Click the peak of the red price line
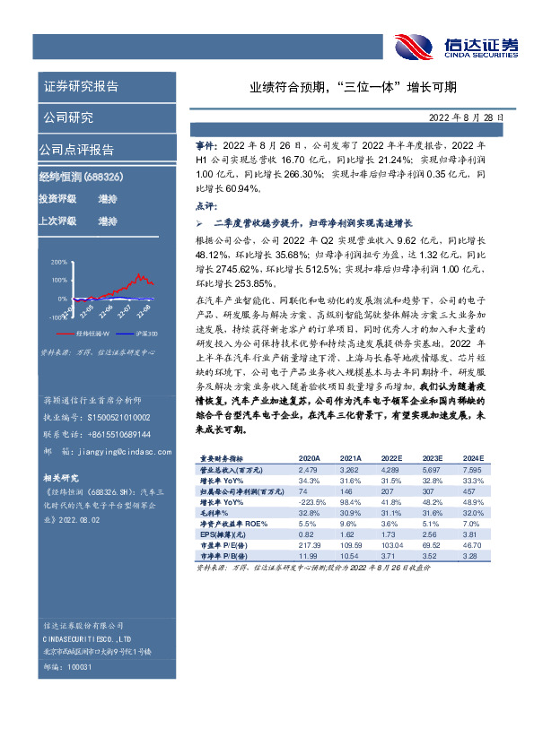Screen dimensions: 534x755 click(138, 274)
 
